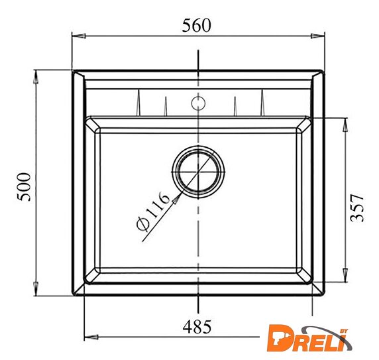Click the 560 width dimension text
click(196, 25)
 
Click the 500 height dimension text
click(24, 187)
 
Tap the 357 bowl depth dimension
click(356, 208)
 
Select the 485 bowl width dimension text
click(197, 327)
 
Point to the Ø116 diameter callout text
click(153, 211)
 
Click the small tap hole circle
click(198, 103)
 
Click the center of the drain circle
click(198, 172)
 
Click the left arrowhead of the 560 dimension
click(79, 36)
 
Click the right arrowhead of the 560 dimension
click(317, 36)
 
